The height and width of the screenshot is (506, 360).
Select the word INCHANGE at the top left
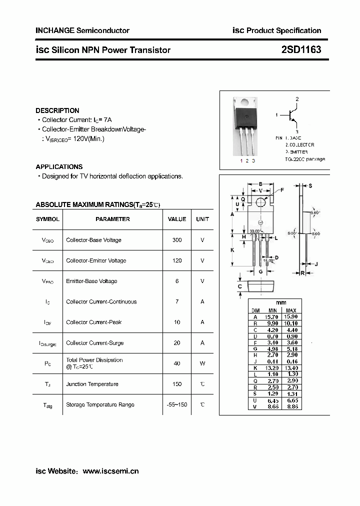(55, 30)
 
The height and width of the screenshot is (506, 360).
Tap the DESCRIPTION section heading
(57, 110)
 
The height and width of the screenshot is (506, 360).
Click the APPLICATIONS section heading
(59, 167)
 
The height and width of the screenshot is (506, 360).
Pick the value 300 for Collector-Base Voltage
(177, 240)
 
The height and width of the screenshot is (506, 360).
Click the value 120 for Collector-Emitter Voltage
(177, 260)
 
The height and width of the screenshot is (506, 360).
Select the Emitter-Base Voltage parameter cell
(91, 281)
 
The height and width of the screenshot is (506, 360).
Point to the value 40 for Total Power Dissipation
(177, 363)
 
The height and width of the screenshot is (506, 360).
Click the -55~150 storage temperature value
(177, 404)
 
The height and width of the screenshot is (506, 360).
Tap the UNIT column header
(202, 219)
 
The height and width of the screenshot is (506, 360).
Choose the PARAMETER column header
(112, 219)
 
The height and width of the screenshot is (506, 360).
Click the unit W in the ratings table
(202, 363)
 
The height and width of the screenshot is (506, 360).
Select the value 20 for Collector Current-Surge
(177, 343)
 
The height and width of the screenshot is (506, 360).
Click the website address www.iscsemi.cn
(110, 471)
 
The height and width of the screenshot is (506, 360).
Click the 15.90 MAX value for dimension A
(291, 317)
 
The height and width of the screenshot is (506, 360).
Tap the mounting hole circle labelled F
(260, 202)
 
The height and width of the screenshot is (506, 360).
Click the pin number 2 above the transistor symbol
(297, 99)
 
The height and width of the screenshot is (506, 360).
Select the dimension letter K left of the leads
(232, 249)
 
